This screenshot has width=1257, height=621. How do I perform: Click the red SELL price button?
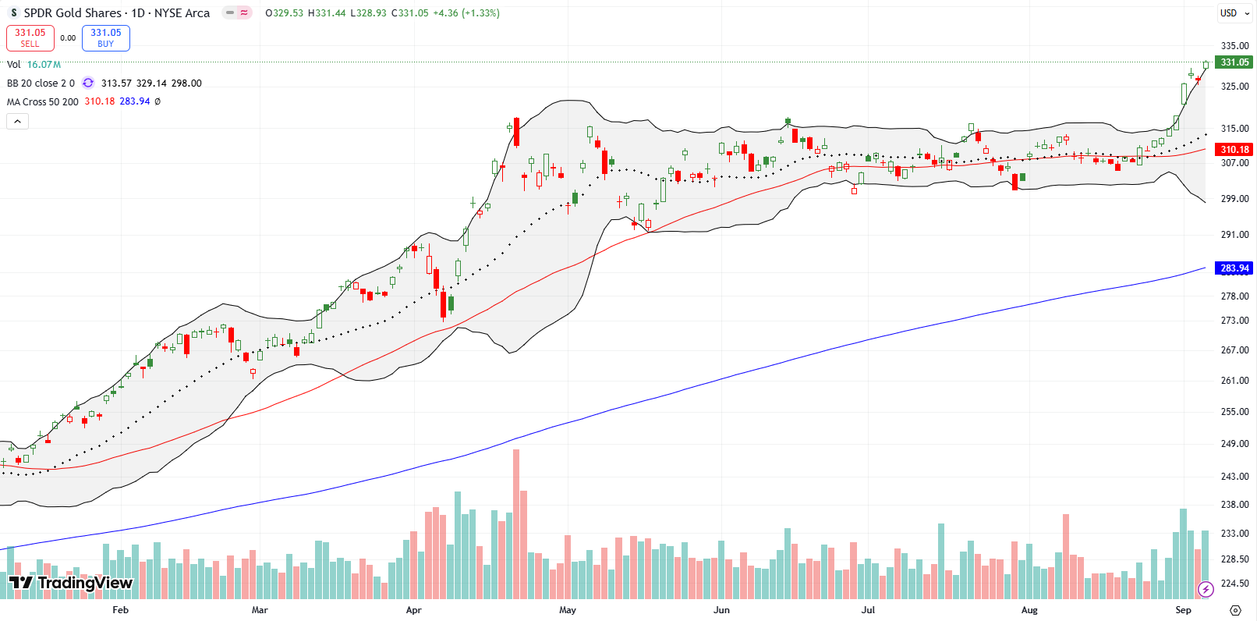[30, 37]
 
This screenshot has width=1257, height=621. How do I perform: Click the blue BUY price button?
[105, 37]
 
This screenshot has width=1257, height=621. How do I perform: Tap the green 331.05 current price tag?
[1234, 62]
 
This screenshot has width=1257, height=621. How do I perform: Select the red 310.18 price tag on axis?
[1234, 149]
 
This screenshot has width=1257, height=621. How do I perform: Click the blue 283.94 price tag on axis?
[1234, 268]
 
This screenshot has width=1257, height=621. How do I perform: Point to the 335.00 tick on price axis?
[1234, 46]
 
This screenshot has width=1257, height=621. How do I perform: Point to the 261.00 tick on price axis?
[1234, 381]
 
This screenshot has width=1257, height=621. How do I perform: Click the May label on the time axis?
[568, 610]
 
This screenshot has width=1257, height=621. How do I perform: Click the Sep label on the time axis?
[1183, 610]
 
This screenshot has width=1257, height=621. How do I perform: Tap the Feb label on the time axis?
[120, 610]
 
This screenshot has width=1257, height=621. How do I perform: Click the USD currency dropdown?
[1234, 13]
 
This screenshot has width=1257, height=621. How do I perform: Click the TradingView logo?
[70, 583]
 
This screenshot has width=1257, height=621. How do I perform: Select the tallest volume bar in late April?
[516, 523]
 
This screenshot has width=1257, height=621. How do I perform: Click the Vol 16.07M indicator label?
[34, 65]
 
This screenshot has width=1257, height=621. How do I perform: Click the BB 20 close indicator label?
[41, 83]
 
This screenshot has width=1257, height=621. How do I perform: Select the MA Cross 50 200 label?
[43, 101]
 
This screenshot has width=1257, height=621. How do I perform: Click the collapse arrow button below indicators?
[18, 121]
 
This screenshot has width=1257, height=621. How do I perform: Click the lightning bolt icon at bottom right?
[1206, 589]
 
